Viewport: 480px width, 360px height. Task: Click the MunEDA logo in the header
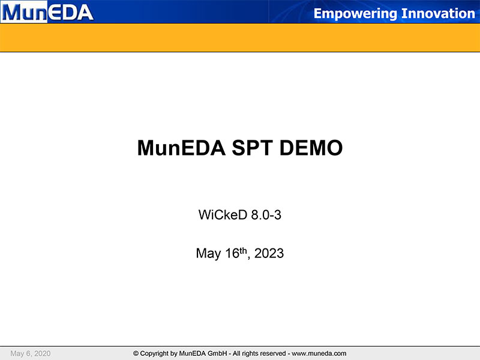pyautogui.click(x=47, y=12)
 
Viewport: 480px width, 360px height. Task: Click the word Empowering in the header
pyautogui.click(x=355, y=14)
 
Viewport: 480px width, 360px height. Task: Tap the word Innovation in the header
pyautogui.click(x=438, y=13)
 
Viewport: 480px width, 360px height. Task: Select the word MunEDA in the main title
pyautogui.click(x=181, y=148)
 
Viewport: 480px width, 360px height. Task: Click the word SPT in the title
pyautogui.click(x=252, y=148)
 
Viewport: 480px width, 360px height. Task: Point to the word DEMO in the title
pyautogui.click(x=311, y=148)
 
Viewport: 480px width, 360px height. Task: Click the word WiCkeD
pyautogui.click(x=223, y=215)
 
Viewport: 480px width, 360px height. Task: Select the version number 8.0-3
pyautogui.click(x=266, y=215)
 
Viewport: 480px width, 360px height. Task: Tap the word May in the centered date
pyautogui.click(x=208, y=254)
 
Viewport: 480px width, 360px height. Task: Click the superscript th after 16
pyautogui.click(x=243, y=251)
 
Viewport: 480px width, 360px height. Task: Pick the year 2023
pyautogui.click(x=269, y=253)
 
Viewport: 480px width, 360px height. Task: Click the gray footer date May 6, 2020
pyautogui.click(x=31, y=353)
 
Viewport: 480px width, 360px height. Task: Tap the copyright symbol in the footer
pyautogui.click(x=136, y=353)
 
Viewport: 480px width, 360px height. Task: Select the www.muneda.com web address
pyautogui.click(x=319, y=353)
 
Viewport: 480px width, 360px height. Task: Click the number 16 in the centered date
pyautogui.click(x=232, y=253)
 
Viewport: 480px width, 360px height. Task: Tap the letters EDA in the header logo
pyautogui.click(x=71, y=12)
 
